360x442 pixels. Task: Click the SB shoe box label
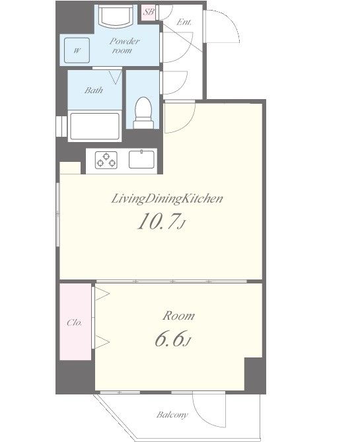[149, 12]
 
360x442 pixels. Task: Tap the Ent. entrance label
[184, 22]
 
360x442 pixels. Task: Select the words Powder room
[124, 46]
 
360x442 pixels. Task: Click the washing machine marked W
[77, 50]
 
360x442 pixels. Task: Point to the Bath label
[94, 91]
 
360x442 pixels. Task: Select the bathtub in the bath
[94, 126]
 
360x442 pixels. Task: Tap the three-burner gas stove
[106, 160]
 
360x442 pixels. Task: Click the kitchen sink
[141, 159]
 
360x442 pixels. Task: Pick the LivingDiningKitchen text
[167, 199]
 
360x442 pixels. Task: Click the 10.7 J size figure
[161, 221]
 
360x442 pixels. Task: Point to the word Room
[178, 316]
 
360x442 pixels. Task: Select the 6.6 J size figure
[172, 339]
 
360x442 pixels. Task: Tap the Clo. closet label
[75, 322]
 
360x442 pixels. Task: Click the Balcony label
[172, 415]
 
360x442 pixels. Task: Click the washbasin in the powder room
[116, 16]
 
